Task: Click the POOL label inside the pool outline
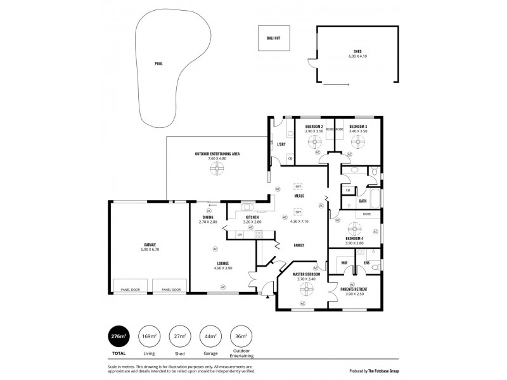[x=158, y=64]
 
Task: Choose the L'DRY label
[x=281, y=144]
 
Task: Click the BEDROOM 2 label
[x=314, y=127]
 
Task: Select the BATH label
[x=363, y=201]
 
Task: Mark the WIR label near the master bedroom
[x=344, y=262]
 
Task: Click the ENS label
[x=366, y=262]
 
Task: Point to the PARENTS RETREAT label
[x=353, y=288]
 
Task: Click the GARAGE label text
[x=150, y=244]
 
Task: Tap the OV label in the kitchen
[x=240, y=235]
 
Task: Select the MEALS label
[x=298, y=197]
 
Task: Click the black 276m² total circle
[x=117, y=336]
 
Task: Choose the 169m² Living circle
[x=149, y=336]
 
